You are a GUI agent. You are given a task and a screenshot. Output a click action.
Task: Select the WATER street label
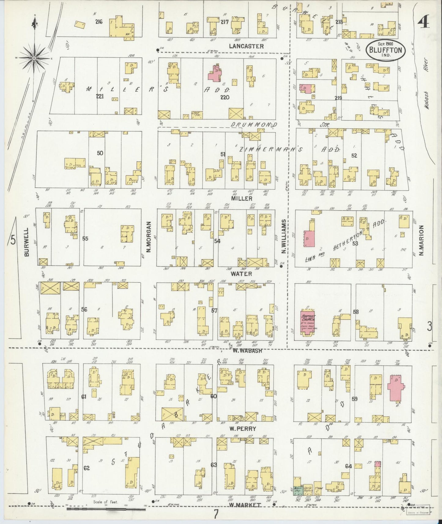pyautogui.click(x=237, y=274)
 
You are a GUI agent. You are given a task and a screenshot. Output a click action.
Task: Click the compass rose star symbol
pyautogui.click(x=34, y=58)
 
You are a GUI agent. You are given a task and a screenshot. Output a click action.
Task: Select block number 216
pyautogui.click(x=98, y=22)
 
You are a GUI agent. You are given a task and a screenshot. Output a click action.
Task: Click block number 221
pyautogui.click(x=100, y=97)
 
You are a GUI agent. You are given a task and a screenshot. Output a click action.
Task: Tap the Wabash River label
pyautogui.click(x=427, y=83)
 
